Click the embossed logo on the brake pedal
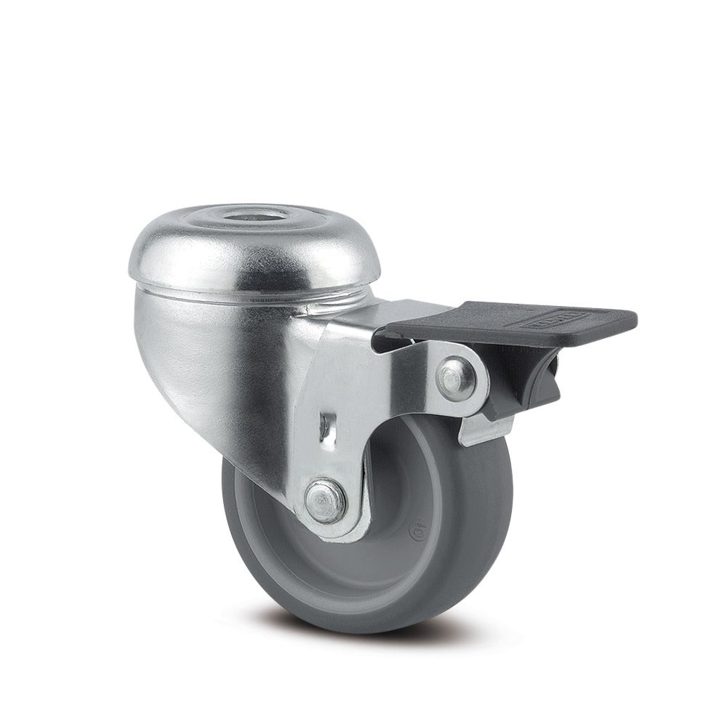point(555,318)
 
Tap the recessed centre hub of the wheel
point(407,502)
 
